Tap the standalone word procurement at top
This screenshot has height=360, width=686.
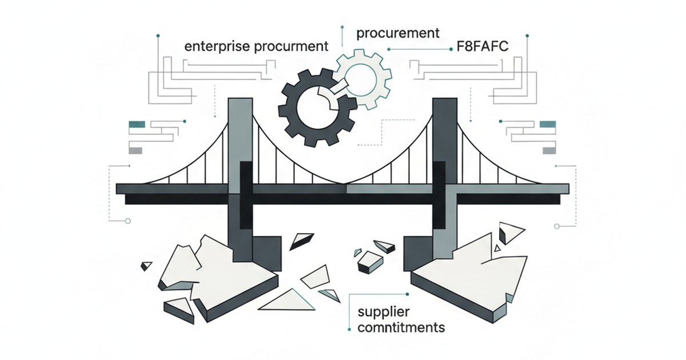[398, 33]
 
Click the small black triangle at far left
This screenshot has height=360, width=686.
[147, 265]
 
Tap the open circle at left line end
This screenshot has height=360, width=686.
[128, 220]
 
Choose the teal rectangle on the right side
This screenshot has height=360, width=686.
[548, 123]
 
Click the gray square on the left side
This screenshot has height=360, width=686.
[136, 150]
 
